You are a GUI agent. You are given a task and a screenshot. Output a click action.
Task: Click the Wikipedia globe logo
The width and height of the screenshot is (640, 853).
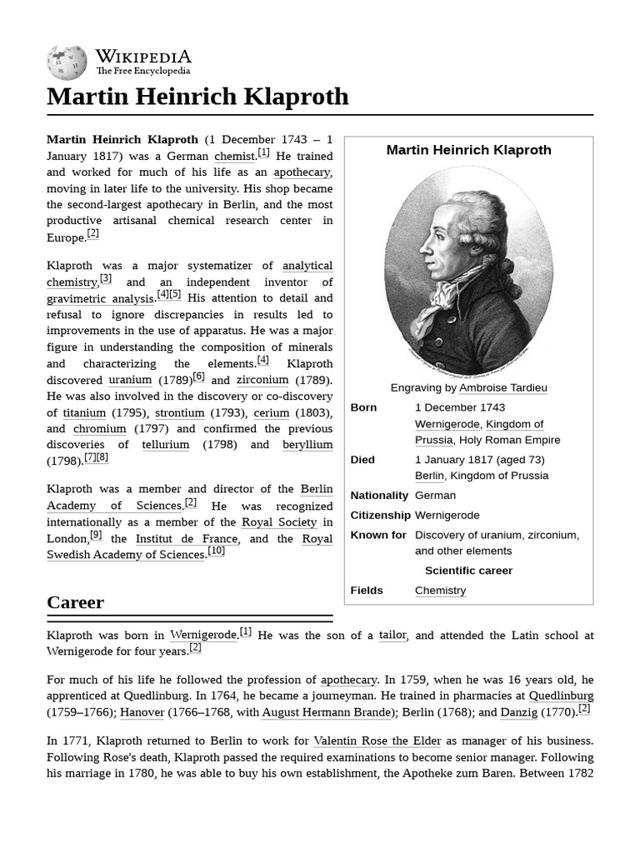(x=67, y=62)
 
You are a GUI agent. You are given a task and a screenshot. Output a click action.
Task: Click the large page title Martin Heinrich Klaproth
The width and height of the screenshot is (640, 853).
(x=197, y=97)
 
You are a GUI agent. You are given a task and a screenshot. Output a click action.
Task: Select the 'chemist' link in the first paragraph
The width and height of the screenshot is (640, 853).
(x=234, y=156)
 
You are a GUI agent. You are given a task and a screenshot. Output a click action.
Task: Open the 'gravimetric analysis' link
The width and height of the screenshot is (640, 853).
(x=101, y=298)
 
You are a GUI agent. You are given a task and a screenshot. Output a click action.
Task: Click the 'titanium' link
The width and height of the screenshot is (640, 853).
(x=84, y=412)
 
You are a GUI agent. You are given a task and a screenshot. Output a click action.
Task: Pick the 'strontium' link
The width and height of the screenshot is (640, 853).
(x=179, y=412)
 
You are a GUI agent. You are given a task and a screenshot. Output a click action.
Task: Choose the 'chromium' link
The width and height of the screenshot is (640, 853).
(x=99, y=429)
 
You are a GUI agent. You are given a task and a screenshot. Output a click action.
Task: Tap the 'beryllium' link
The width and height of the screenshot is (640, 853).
(x=307, y=445)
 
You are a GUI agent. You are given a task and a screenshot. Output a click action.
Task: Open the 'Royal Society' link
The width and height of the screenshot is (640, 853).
(x=279, y=522)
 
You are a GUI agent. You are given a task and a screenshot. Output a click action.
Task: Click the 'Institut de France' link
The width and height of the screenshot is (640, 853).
(x=187, y=539)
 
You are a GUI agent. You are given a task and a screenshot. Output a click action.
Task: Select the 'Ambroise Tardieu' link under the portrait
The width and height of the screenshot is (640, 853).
(x=502, y=388)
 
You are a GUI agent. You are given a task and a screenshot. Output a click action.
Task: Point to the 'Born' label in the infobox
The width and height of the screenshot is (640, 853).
(x=363, y=407)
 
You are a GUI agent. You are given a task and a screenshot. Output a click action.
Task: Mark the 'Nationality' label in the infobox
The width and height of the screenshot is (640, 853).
(x=379, y=495)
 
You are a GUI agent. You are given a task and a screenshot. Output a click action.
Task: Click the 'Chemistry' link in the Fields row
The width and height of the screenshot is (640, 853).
(x=440, y=591)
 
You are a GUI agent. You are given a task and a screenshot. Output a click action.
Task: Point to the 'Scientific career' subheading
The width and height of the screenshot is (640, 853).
(x=468, y=571)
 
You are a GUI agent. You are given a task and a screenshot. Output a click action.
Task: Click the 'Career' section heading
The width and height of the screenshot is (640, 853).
(x=75, y=602)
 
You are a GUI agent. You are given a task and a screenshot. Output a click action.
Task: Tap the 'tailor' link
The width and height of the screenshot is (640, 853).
(x=392, y=636)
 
